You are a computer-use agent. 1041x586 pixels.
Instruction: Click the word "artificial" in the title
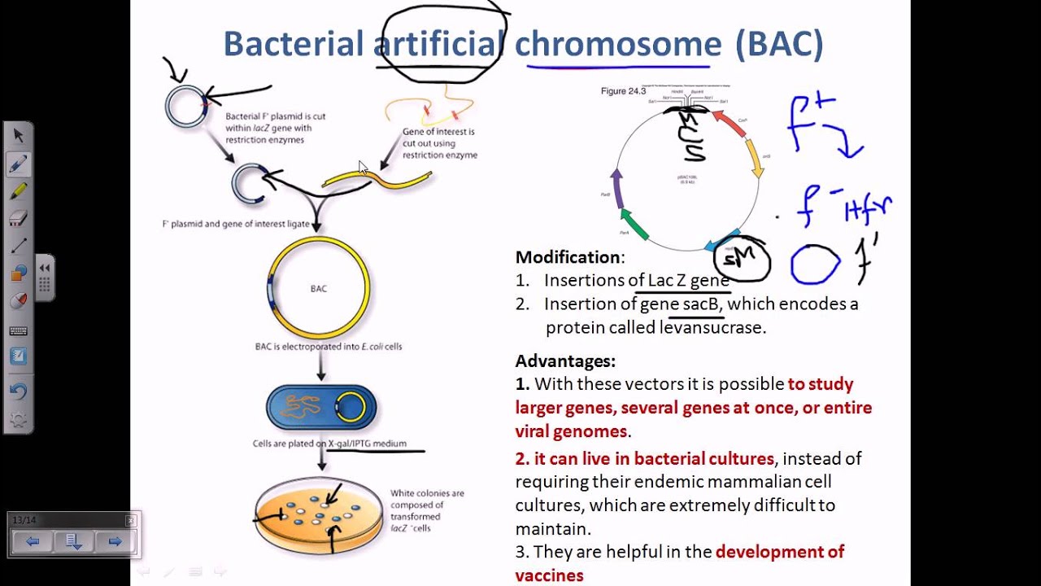440,44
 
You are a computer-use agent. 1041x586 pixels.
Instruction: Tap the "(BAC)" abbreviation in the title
779,44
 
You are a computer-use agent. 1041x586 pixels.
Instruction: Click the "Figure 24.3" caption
623,91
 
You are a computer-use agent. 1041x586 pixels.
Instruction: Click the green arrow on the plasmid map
634,224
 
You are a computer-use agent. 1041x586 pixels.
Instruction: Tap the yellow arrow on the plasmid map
756,163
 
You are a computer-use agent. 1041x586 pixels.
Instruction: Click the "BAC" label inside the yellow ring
319,288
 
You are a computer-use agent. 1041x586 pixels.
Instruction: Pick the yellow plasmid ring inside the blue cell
351,407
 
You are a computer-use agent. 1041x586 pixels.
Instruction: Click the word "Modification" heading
568,257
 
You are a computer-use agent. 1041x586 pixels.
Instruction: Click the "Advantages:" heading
565,361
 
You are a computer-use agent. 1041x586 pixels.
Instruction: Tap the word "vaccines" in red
549,575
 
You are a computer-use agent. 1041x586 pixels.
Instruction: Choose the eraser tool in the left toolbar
18,218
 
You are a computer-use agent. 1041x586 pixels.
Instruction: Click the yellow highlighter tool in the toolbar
18,190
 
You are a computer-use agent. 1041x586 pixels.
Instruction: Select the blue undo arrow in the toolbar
18,391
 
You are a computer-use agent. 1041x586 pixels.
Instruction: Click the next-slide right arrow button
115,541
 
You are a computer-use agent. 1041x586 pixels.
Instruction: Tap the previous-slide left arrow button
33,541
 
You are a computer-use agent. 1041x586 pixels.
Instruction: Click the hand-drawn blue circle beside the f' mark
815,265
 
